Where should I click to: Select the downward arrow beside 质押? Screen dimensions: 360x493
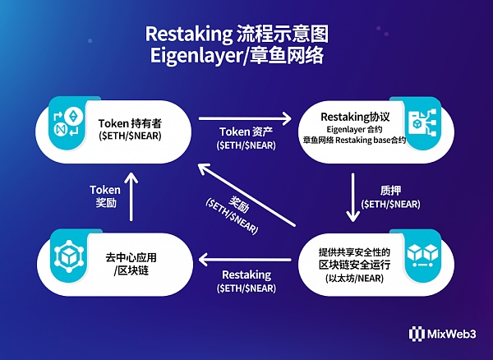(x=353, y=198)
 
